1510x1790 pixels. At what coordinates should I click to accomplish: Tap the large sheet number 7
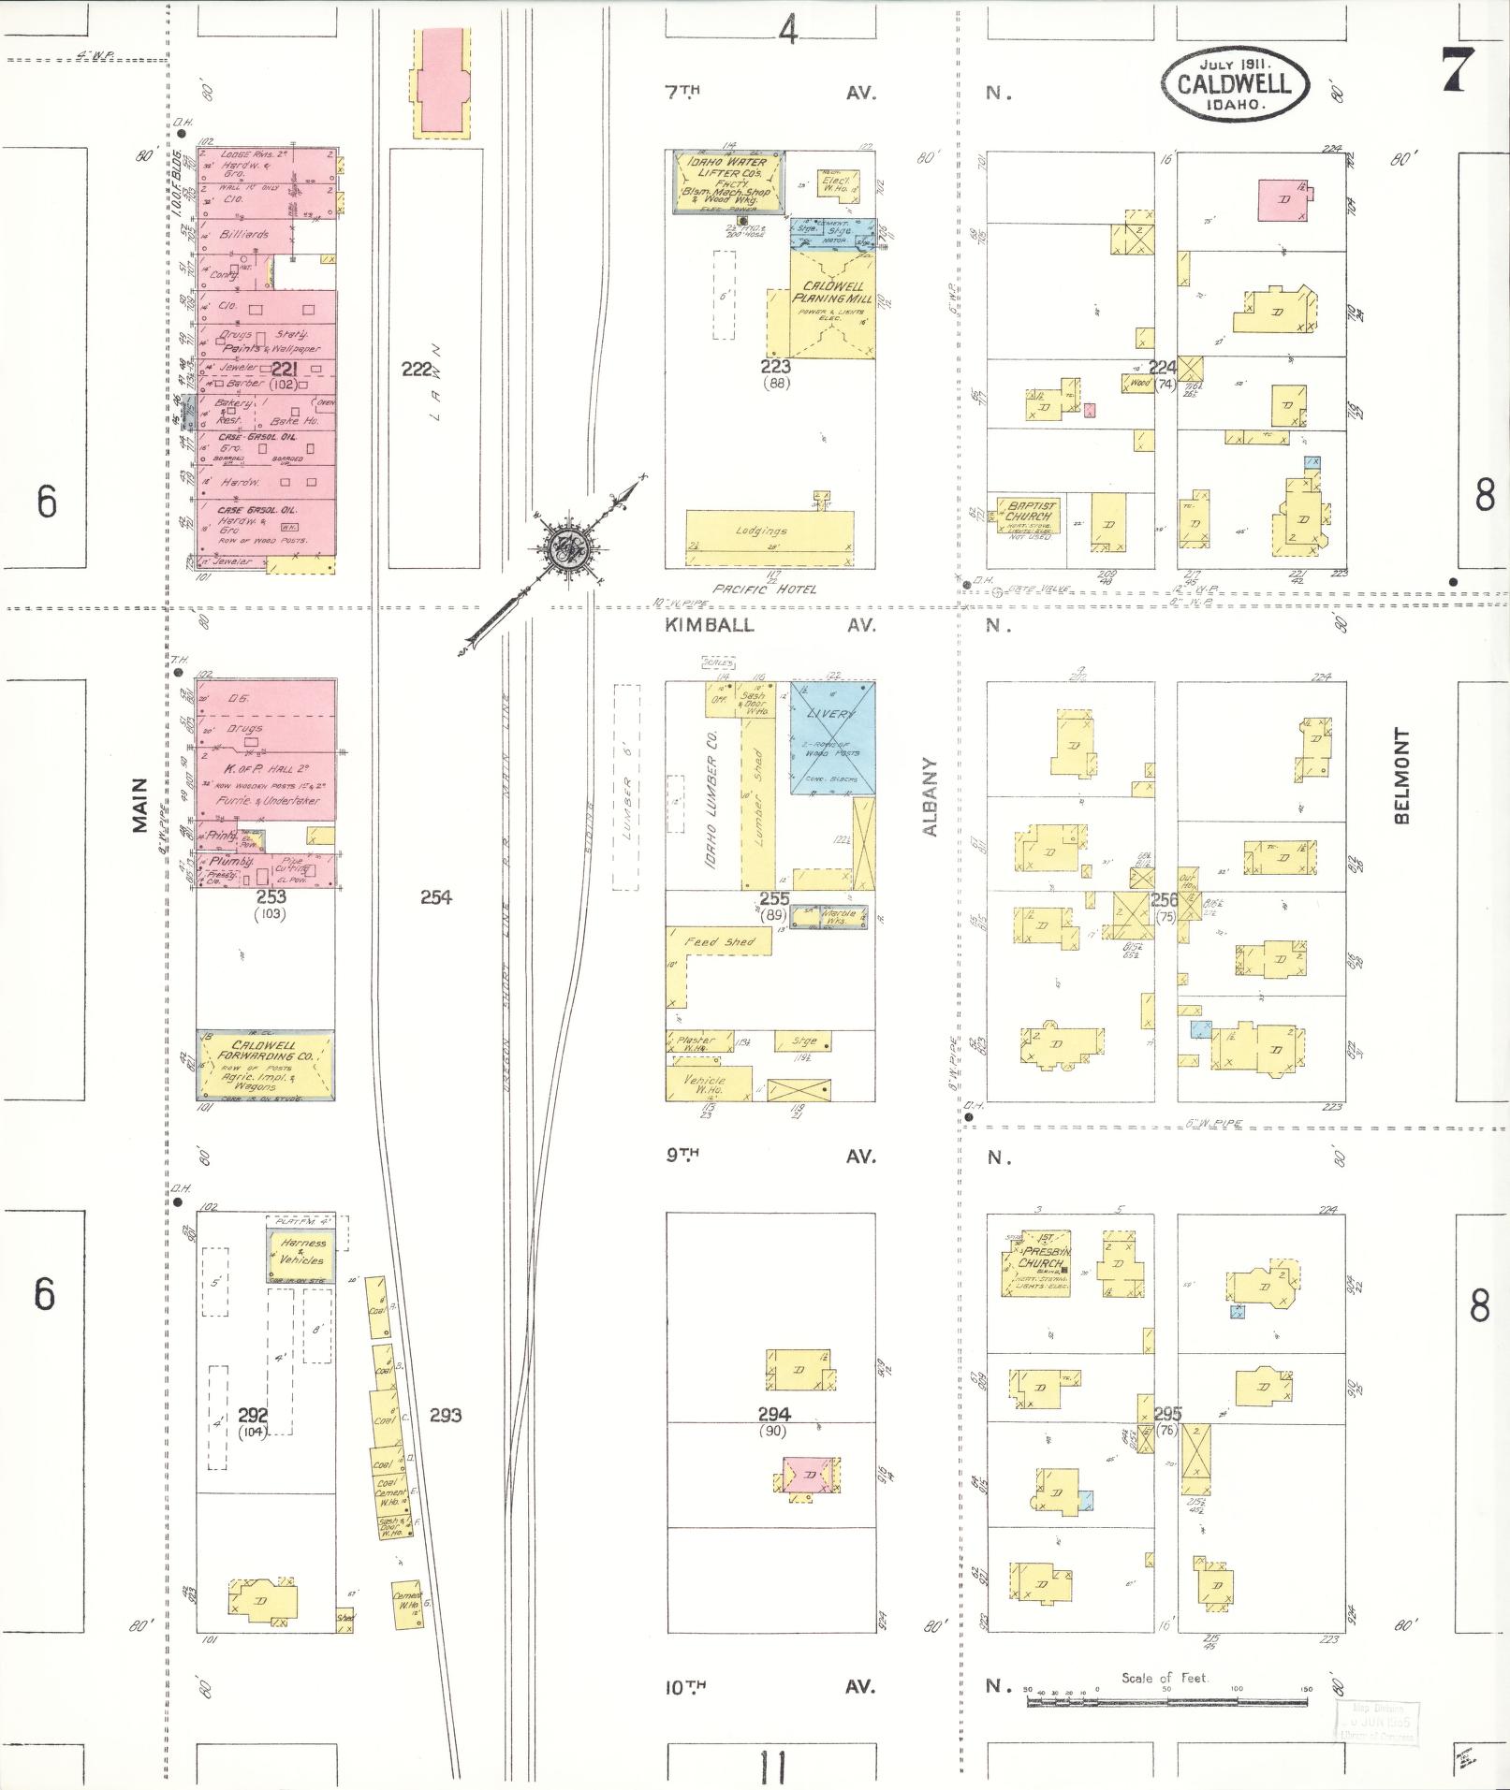tap(1459, 69)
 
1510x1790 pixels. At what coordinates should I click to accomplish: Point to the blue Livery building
tap(832, 737)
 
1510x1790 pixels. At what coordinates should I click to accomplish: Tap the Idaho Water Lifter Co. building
tap(728, 182)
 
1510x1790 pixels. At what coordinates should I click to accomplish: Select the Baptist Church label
tap(1030, 511)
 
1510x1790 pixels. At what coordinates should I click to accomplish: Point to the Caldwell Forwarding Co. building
tap(265, 1064)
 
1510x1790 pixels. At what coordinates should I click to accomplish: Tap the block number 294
tap(775, 1414)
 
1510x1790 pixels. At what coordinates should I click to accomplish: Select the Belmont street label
tap(1401, 777)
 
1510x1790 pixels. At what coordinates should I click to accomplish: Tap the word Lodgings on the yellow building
tap(761, 531)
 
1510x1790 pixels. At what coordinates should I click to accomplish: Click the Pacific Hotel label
tap(764, 589)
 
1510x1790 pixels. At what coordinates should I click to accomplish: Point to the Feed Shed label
tap(720, 941)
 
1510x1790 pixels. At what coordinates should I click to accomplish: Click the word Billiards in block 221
tap(243, 235)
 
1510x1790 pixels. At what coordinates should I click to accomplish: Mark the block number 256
tap(1164, 899)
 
